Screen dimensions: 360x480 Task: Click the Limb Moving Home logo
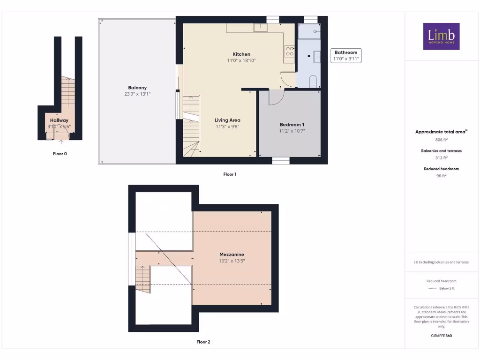[x=441, y=37]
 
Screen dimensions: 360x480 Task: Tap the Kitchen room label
[x=241, y=54]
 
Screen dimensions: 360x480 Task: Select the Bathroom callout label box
[x=346, y=56]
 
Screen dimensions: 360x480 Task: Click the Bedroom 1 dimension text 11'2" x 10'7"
[x=292, y=131]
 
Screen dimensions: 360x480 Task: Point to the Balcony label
[x=137, y=88]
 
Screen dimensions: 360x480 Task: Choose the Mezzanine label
[x=232, y=255]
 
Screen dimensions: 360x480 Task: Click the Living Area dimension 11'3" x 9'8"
[x=227, y=127]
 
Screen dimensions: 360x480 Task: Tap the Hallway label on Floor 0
[x=60, y=120]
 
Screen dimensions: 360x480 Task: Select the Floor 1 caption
[x=230, y=174]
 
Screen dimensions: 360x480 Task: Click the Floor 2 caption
[x=203, y=342]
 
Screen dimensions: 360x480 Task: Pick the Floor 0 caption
[x=60, y=154]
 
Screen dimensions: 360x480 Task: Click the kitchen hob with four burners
[x=290, y=51]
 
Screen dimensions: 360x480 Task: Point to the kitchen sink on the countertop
[x=260, y=28]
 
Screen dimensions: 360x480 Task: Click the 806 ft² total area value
[x=441, y=140]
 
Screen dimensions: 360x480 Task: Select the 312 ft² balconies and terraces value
[x=441, y=158]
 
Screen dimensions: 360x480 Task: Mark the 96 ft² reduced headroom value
[x=441, y=176]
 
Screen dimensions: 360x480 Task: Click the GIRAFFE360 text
[x=441, y=336]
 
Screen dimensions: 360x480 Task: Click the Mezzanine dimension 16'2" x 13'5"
[x=232, y=261]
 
